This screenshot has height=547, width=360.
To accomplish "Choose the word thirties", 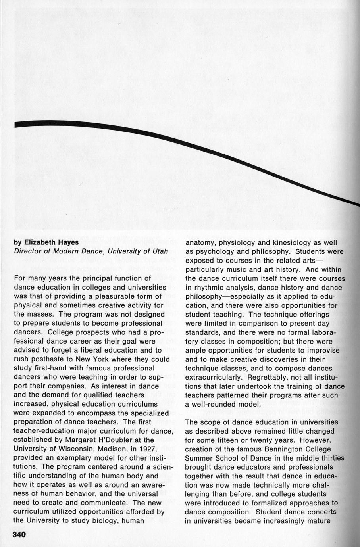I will click(329, 458).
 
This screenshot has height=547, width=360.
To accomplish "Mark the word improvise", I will click(323, 350).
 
